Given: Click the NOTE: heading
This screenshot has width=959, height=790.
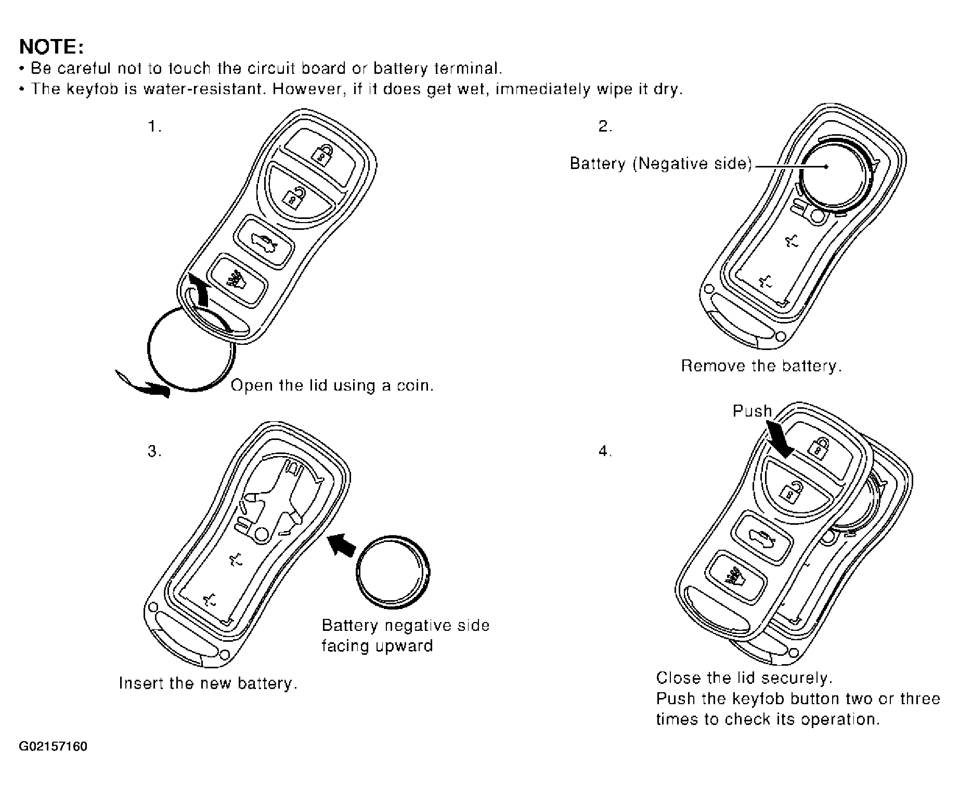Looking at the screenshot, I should coord(51,47).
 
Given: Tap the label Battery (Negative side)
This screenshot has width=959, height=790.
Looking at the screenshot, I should coord(661,164).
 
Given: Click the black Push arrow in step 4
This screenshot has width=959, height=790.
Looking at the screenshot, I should coord(781,438).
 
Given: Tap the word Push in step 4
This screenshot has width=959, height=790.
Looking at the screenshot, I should coord(752,411).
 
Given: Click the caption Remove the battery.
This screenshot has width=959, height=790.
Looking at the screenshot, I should coord(761,366).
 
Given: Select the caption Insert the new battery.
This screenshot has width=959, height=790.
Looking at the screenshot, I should coord(208,683).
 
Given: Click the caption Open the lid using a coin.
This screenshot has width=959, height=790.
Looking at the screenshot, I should coord(332,385).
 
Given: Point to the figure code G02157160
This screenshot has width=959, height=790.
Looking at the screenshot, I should coord(53,747).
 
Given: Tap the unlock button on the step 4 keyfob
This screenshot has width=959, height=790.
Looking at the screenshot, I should coord(793,490).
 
